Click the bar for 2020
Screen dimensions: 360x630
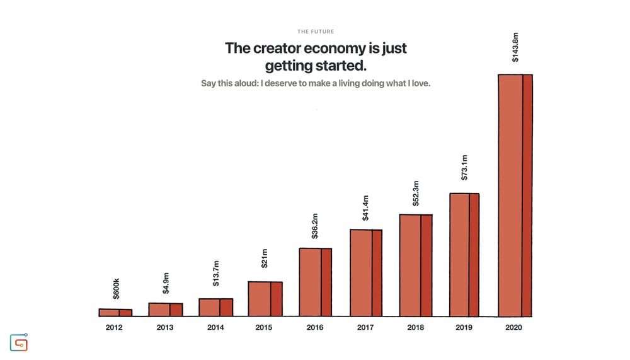point(515,195)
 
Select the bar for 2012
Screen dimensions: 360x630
point(115,312)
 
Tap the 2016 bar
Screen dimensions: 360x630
point(315,282)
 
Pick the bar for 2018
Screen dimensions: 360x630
point(416,265)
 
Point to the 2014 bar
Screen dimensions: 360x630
point(215,307)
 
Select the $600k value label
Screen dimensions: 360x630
point(116,288)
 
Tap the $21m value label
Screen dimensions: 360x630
point(265,258)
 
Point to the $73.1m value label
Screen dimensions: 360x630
point(464,168)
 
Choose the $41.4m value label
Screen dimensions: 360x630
point(365,207)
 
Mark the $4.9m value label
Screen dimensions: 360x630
point(166,283)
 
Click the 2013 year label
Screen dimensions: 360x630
point(165,328)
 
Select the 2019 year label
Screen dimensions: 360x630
point(464,328)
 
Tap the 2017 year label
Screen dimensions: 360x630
point(365,328)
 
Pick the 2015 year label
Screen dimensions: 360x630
point(265,328)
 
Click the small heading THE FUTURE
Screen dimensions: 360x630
point(316,32)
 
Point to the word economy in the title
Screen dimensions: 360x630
point(340,48)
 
